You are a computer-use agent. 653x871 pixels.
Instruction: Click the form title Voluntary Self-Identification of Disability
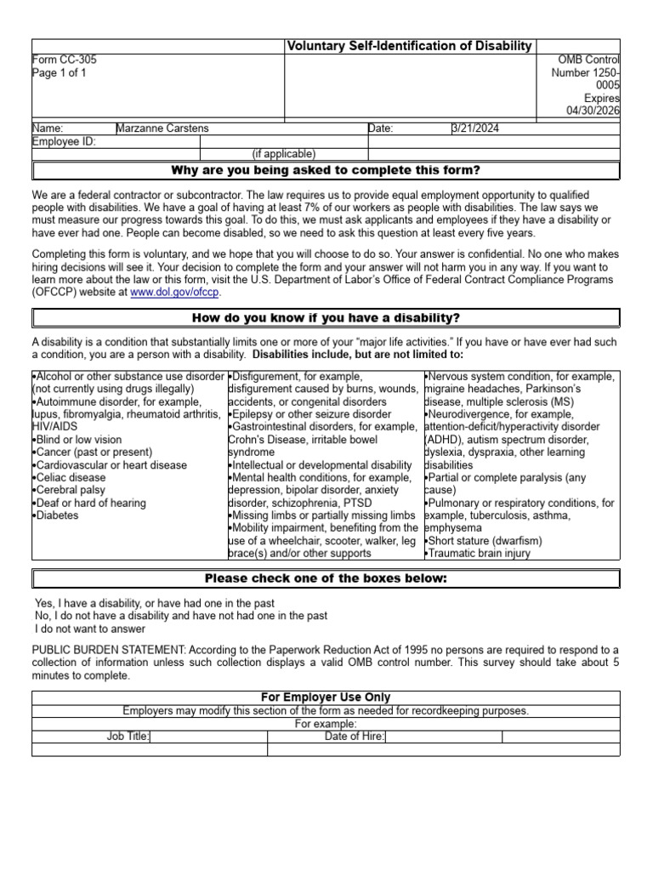tap(410, 46)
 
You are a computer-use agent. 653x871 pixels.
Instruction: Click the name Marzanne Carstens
tap(162, 128)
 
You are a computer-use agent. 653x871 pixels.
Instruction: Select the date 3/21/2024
tap(476, 128)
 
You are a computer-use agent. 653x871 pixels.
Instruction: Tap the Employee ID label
tap(64, 141)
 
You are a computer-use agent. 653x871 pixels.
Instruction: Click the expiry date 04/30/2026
tap(593, 111)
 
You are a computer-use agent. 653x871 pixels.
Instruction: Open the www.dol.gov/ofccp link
tap(175, 292)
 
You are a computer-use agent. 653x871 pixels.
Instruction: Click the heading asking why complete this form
tap(326, 171)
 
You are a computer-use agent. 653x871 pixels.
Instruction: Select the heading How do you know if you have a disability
tap(326, 318)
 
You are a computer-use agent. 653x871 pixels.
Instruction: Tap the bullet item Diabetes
tap(56, 515)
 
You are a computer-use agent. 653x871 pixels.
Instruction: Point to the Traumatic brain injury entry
tap(479, 553)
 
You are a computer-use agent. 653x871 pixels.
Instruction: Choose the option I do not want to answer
tap(90, 629)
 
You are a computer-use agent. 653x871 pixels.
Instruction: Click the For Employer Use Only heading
tap(326, 697)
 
